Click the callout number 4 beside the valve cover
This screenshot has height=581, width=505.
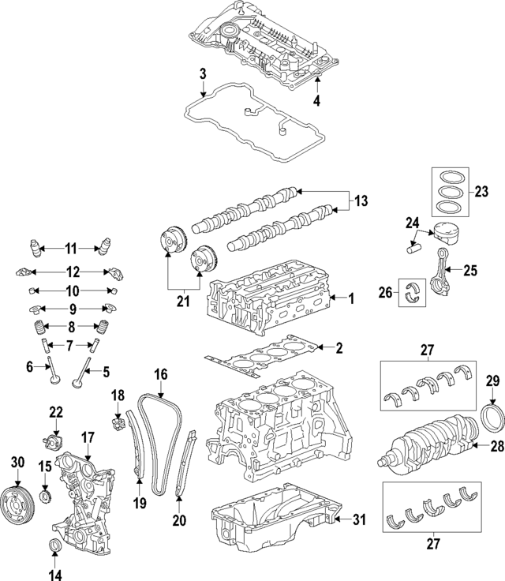coord(316,101)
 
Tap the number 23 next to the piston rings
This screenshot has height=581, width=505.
coord(482,191)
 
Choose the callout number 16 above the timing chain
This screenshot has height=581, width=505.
coord(161,376)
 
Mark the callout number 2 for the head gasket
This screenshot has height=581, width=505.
coord(339,347)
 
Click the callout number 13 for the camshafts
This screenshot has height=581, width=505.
coord(361,202)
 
